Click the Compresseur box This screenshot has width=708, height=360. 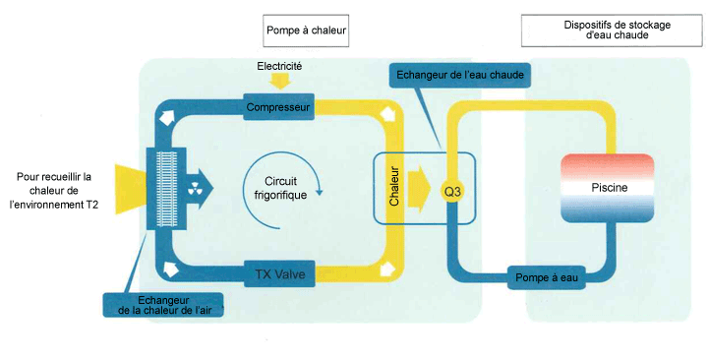[278, 106]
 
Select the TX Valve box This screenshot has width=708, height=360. [280, 273]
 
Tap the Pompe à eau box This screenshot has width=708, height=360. [547, 277]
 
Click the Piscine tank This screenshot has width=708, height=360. [608, 188]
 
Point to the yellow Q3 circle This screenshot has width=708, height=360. [452, 192]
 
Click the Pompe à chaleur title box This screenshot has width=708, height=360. [306, 30]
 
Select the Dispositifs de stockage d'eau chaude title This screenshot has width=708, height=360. [613, 30]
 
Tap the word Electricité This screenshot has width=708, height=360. [279, 67]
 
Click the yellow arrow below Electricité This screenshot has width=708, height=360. [279, 82]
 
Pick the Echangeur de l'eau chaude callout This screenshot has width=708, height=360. [459, 75]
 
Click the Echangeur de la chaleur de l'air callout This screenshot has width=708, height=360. [163, 305]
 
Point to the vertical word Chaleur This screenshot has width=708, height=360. [394, 186]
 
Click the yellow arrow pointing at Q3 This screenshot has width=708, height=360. [420, 189]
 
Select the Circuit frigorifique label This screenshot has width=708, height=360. [280, 188]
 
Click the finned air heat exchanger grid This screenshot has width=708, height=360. [166, 189]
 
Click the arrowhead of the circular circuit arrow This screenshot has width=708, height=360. [320, 192]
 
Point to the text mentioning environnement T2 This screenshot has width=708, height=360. [54, 191]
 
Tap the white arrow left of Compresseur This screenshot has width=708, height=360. [166, 116]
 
